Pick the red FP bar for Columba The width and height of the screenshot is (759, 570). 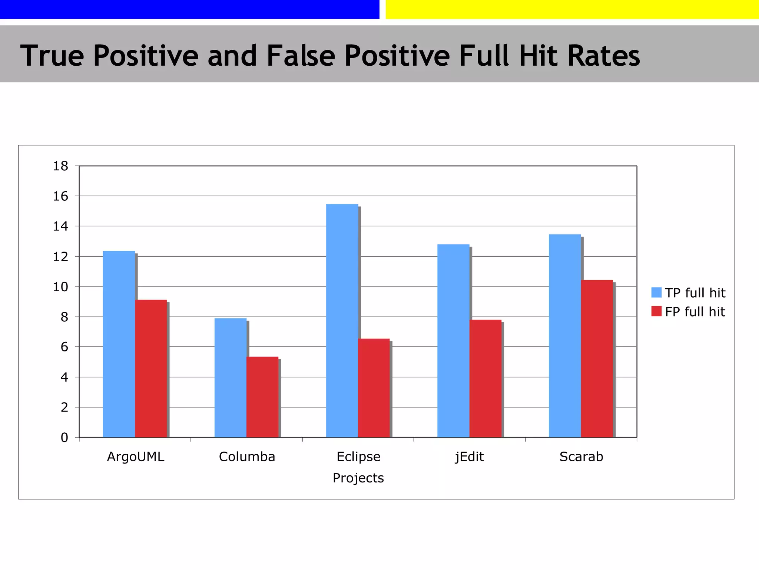pyautogui.click(x=262, y=397)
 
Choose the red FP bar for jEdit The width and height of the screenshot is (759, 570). pyautogui.click(x=485, y=379)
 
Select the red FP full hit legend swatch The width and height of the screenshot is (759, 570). pyautogui.click(x=656, y=311)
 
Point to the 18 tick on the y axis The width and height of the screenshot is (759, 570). pyautogui.click(x=60, y=166)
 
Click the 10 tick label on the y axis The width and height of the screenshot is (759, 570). pyautogui.click(x=60, y=287)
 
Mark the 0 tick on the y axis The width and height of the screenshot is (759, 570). pyautogui.click(x=64, y=438)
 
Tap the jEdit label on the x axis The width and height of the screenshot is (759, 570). pyautogui.click(x=469, y=456)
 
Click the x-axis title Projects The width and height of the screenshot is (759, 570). pyautogui.click(x=358, y=478)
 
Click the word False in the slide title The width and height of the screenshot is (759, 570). pyautogui.click(x=301, y=56)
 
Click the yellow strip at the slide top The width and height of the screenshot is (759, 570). pyautogui.click(x=572, y=9)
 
